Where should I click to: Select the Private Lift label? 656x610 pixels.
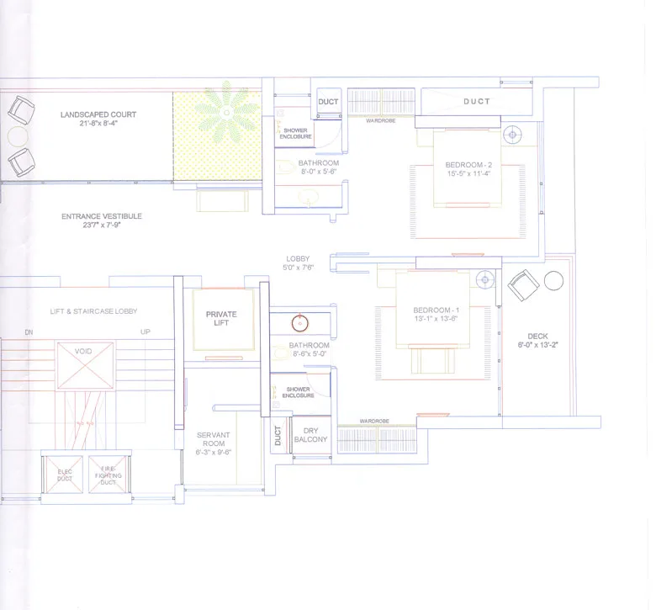[x=221, y=318]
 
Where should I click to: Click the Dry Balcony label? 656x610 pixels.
[x=310, y=434]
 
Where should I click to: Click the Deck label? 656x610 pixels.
[x=537, y=340]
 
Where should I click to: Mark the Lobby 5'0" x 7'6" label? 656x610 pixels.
[x=298, y=263]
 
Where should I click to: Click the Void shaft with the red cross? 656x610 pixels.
[x=84, y=364]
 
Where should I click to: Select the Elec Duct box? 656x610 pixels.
[x=63, y=476]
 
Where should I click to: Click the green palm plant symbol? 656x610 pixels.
[x=226, y=112]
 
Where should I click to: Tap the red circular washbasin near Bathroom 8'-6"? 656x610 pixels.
[x=299, y=321]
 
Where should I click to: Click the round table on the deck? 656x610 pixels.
[x=553, y=281]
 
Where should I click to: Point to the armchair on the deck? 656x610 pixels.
[x=523, y=286]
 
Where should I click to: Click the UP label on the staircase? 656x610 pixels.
[x=145, y=332]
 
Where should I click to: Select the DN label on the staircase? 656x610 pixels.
[x=29, y=332]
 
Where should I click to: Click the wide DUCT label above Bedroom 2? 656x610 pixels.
[x=476, y=102]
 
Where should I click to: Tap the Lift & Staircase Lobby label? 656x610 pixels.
[x=93, y=311]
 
